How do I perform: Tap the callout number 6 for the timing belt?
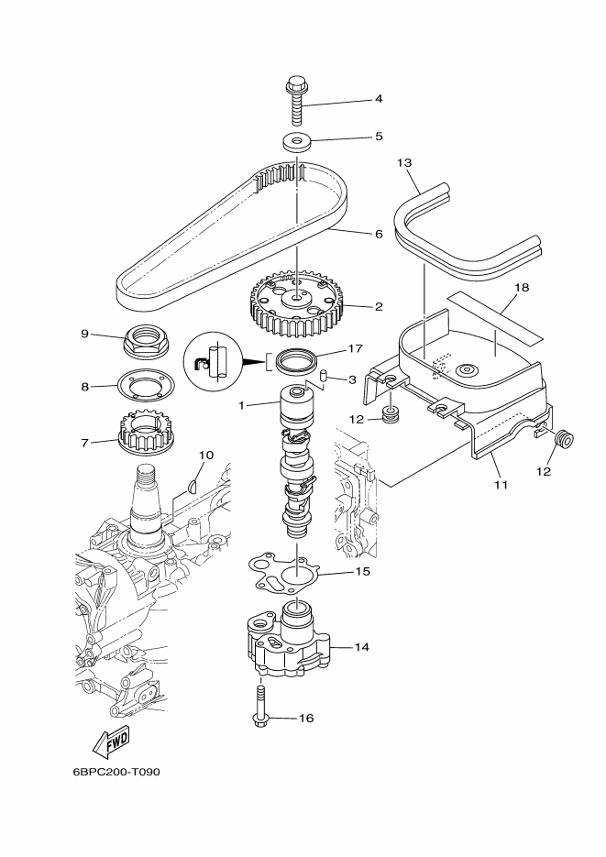(379, 234)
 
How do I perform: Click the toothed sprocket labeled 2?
(295, 307)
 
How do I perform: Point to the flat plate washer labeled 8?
(146, 386)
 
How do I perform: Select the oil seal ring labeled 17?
(297, 361)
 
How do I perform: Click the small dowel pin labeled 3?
(323, 374)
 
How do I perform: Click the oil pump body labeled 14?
(286, 639)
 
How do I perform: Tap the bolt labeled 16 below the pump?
(259, 708)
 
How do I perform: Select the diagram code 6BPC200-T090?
(116, 773)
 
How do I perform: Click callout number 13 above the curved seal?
(404, 163)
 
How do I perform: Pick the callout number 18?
(523, 287)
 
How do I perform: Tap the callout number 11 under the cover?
(501, 484)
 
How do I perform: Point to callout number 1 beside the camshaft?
(241, 405)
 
